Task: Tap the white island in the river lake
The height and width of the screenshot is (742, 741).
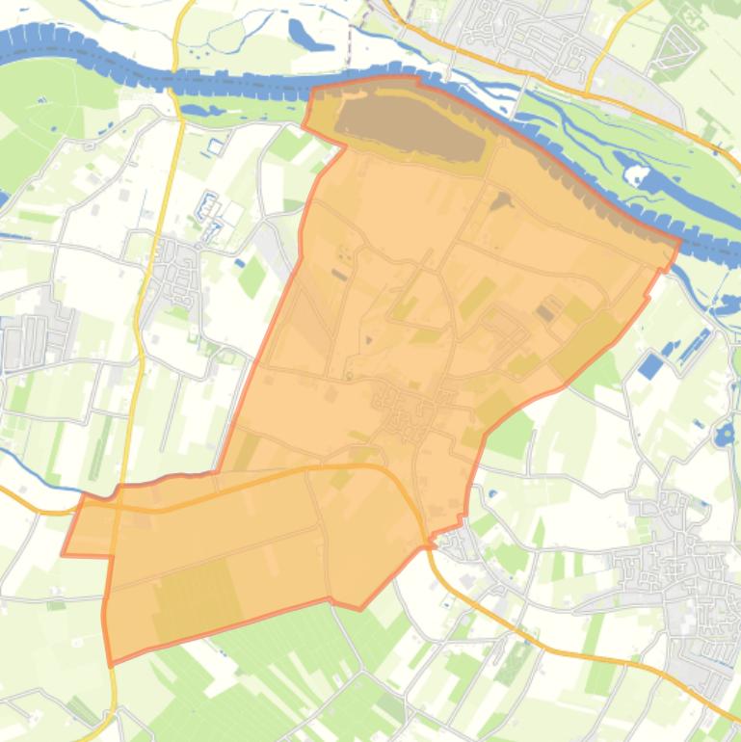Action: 636,174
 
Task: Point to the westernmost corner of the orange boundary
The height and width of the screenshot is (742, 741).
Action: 64,554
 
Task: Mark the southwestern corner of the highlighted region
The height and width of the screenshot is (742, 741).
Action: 110,663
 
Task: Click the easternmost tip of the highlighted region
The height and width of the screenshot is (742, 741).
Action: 678,241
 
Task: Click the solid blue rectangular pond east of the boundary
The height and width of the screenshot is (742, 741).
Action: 652,365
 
